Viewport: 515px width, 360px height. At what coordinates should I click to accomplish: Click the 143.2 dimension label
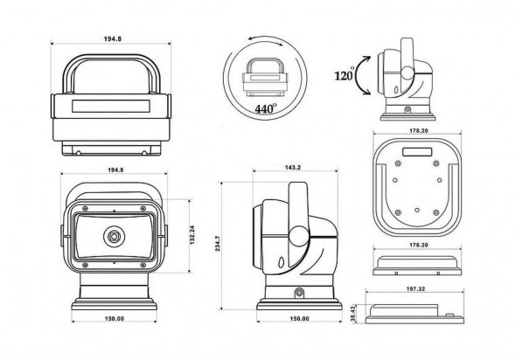click(x=293, y=168)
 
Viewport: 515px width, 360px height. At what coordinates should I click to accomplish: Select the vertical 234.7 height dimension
click(x=222, y=246)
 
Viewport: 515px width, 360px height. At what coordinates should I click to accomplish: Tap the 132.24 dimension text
click(x=192, y=235)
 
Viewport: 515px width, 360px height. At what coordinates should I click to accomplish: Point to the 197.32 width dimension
click(x=414, y=290)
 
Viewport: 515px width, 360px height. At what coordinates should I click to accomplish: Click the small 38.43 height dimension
click(x=352, y=314)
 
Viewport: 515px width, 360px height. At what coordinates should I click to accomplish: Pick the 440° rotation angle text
click(x=266, y=108)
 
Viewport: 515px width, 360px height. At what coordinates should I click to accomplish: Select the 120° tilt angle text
click(x=344, y=75)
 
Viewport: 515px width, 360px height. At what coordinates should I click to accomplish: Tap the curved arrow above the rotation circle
click(x=266, y=39)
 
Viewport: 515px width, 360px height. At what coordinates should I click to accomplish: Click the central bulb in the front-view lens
click(x=114, y=236)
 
